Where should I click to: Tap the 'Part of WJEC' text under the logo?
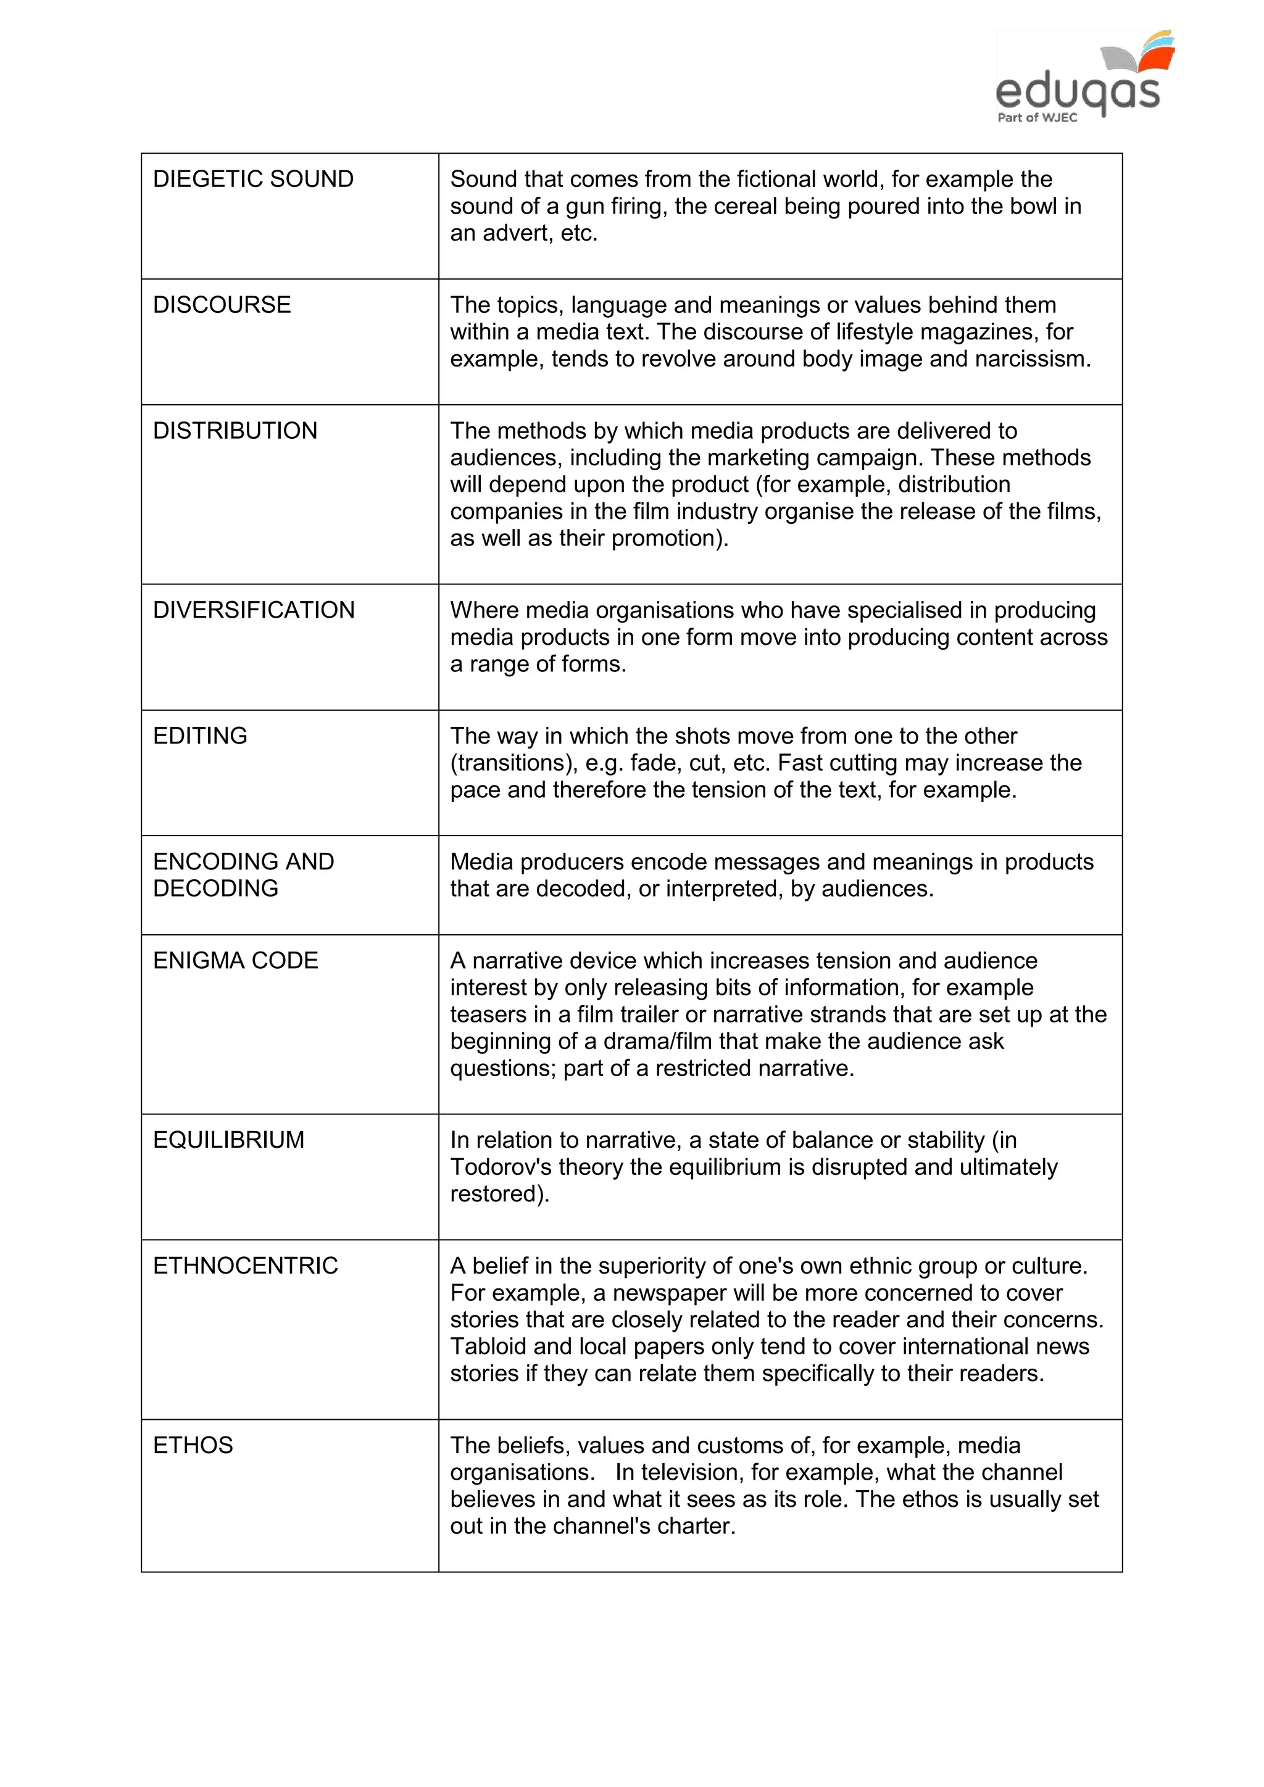coord(1037,117)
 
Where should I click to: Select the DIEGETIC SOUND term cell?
coord(253,179)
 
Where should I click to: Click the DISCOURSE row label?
coord(222,304)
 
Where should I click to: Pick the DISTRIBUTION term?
coord(235,431)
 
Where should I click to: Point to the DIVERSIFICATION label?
coord(254,610)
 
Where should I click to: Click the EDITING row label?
coord(200,736)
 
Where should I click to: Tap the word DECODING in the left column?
coord(215,888)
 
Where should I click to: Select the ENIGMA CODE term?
coord(236,960)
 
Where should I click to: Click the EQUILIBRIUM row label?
coord(229,1140)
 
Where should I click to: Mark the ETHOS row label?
coord(193,1445)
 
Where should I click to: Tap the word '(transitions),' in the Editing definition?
coord(513,763)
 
